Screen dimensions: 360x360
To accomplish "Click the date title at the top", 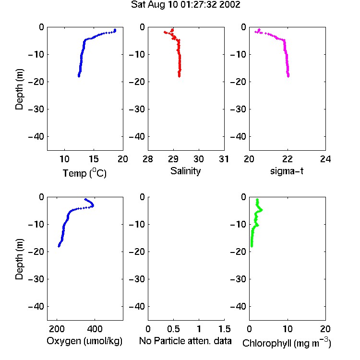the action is pyautogui.click(x=185, y=4).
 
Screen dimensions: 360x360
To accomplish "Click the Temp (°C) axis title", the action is pyautogui.click(x=84, y=173).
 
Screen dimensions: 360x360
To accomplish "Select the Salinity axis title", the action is pyautogui.click(x=185, y=171).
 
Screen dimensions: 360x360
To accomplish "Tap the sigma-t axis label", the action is pyautogui.click(x=287, y=171).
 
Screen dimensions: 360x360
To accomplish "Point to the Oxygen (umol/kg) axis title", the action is pyautogui.click(x=84, y=341).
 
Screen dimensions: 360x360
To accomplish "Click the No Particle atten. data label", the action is pyautogui.click(x=185, y=341).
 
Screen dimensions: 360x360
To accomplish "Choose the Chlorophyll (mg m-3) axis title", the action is pyautogui.click(x=287, y=342).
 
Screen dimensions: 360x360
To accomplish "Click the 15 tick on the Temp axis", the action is pyautogui.click(x=94, y=159).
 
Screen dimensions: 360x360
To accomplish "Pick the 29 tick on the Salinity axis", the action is pyautogui.click(x=173, y=159).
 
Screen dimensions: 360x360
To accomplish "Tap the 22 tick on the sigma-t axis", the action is pyautogui.click(x=287, y=159).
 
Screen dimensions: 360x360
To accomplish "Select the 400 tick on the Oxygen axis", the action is pyautogui.click(x=95, y=329).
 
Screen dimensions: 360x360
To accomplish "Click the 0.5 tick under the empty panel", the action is pyautogui.click(x=173, y=329).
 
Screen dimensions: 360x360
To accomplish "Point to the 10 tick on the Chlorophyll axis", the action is pyautogui.click(x=287, y=329).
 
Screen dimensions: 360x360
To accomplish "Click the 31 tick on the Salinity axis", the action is pyautogui.click(x=224, y=159).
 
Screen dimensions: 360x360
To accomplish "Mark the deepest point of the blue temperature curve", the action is pyautogui.click(x=79, y=76).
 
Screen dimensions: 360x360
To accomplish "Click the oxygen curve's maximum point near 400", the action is pyautogui.click(x=93, y=205).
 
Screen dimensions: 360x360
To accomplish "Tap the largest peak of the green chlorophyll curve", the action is pyautogui.click(x=262, y=210).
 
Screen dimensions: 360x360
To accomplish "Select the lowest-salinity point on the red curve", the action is pyautogui.click(x=165, y=32).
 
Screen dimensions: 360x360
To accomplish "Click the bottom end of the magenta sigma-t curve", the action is pyautogui.click(x=288, y=76).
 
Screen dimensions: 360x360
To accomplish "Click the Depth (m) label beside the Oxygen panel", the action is pyautogui.click(x=19, y=259).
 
